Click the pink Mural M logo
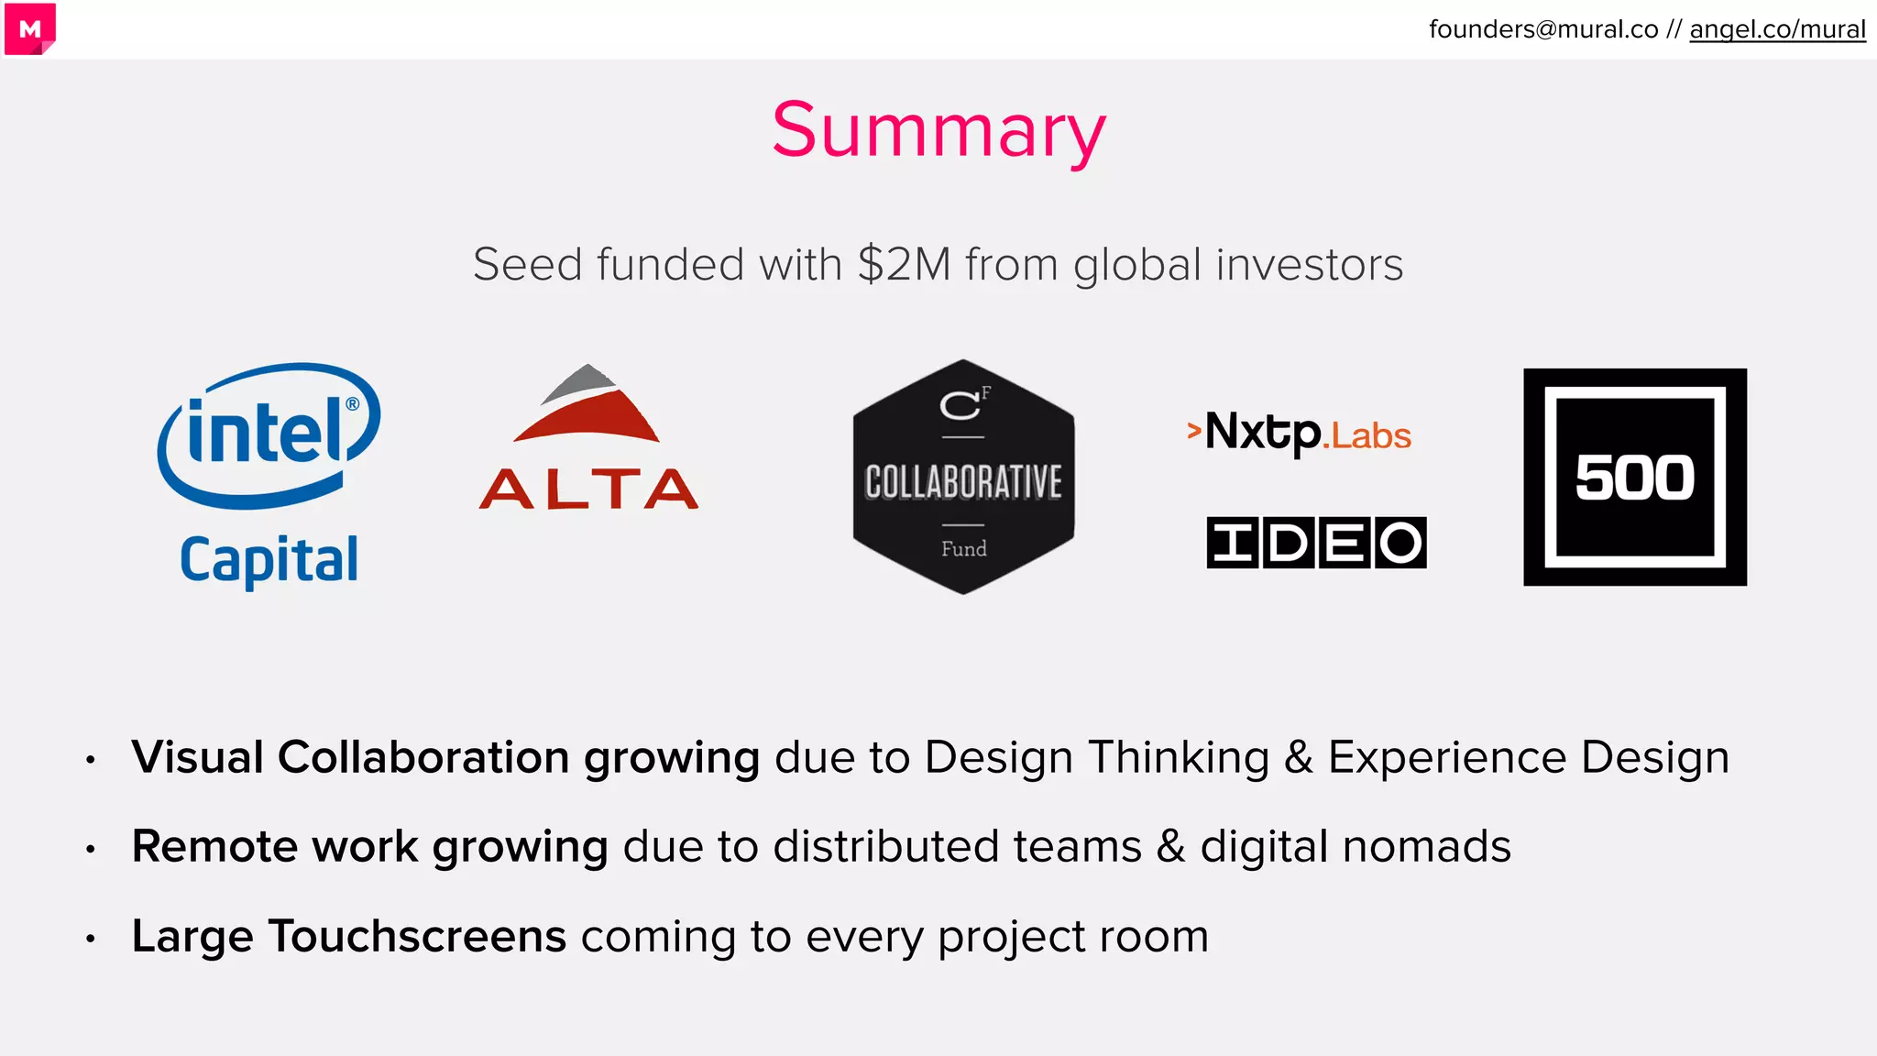pyautogui.click(x=29, y=29)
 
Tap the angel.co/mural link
pyautogui.click(x=1777, y=29)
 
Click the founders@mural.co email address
pyautogui.click(x=1543, y=29)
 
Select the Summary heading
pyautogui.click(x=938, y=130)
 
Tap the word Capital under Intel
pyautogui.click(x=269, y=559)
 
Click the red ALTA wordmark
pyautogui.click(x=588, y=489)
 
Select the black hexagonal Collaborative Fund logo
pyautogui.click(x=963, y=477)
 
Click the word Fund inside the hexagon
pyautogui.click(x=963, y=549)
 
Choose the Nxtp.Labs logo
pyautogui.click(x=1300, y=433)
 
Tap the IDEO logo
pyautogui.click(x=1316, y=543)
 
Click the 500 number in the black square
pyautogui.click(x=1635, y=478)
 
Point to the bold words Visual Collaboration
pyautogui.click(x=351, y=757)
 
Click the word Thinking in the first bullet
pyautogui.click(x=1179, y=757)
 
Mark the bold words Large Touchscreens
pyautogui.click(x=348, y=936)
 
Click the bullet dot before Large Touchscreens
pyautogui.click(x=90, y=939)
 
